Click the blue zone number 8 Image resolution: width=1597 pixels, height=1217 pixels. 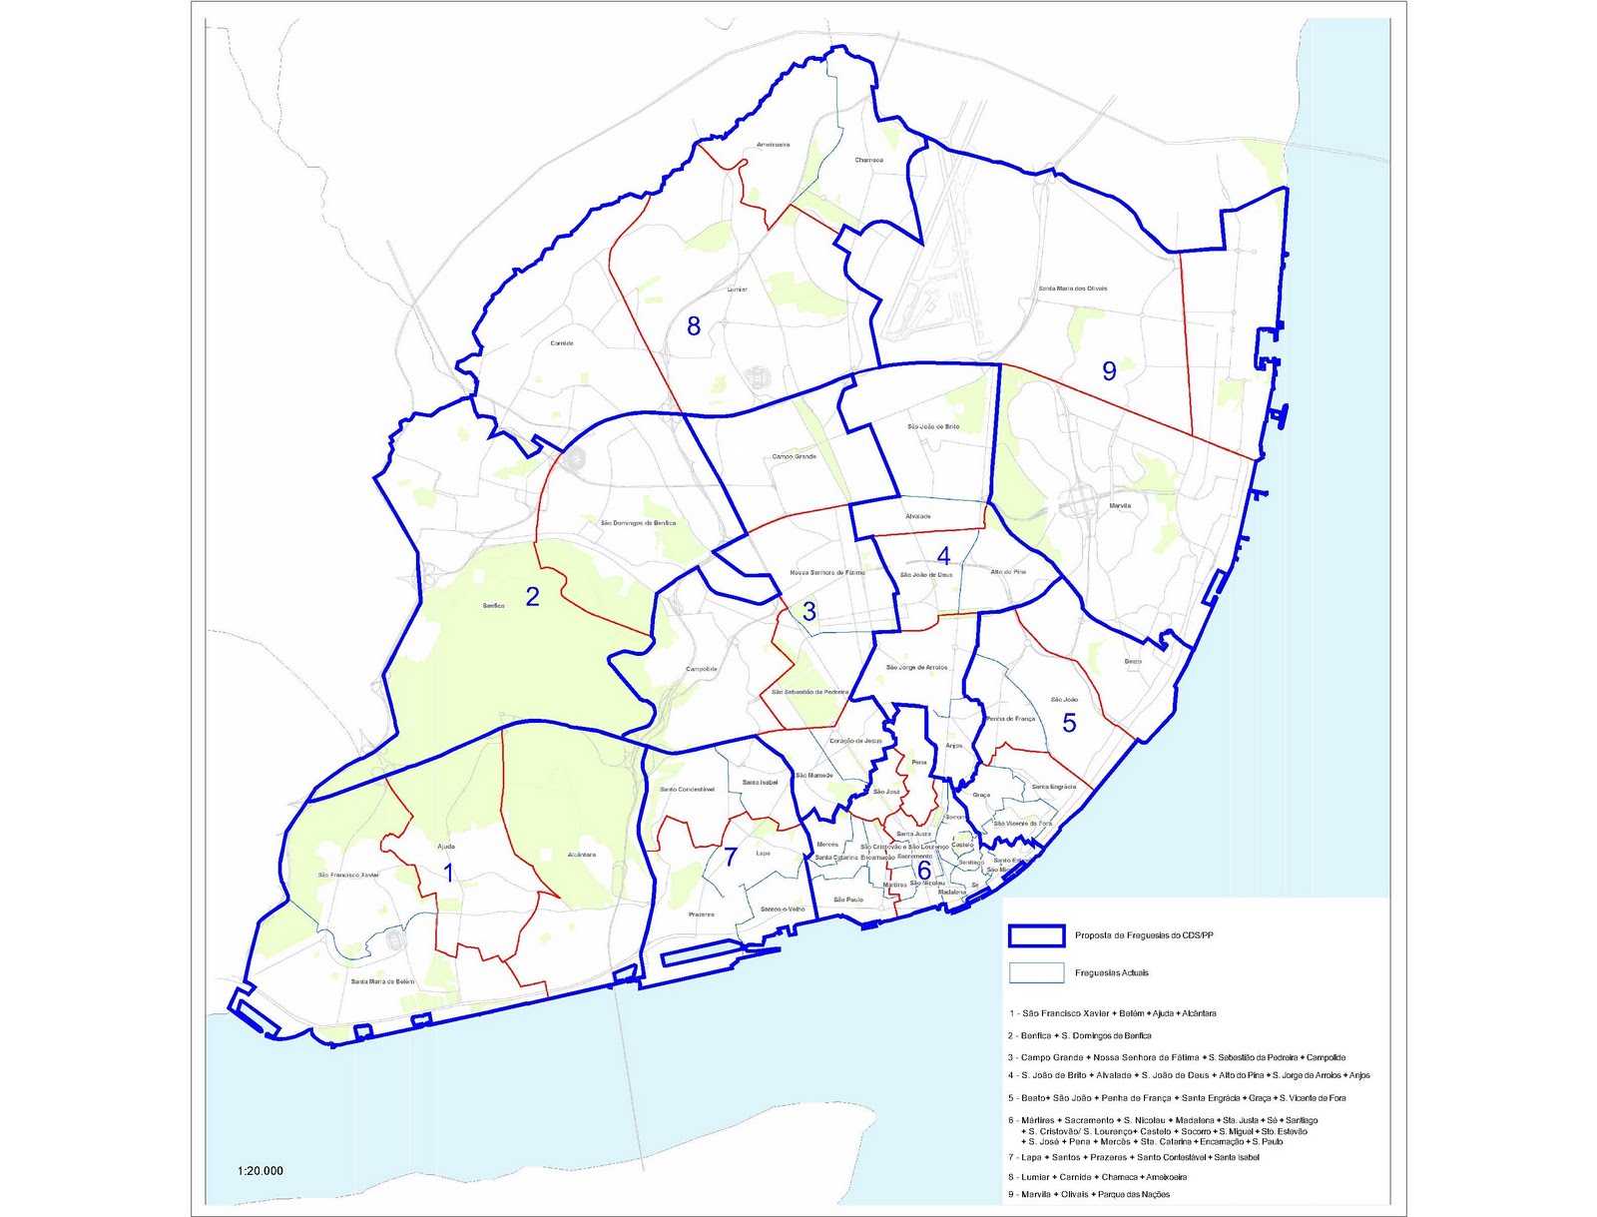(x=694, y=325)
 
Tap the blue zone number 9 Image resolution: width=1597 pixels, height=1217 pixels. (x=1109, y=370)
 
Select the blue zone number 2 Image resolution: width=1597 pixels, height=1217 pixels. (x=532, y=597)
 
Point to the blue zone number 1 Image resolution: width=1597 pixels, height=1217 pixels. (x=448, y=874)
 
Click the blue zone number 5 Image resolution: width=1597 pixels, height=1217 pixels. (x=1069, y=723)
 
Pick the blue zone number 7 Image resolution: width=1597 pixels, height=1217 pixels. (x=731, y=857)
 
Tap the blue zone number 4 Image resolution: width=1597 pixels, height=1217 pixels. (x=943, y=556)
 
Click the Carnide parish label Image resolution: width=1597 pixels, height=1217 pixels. (x=562, y=343)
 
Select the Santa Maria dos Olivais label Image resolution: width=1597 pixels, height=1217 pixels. (x=1073, y=289)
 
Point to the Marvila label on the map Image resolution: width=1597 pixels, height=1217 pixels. (x=1120, y=506)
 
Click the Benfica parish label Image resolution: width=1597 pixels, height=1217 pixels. (x=493, y=606)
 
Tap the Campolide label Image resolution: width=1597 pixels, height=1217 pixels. (x=701, y=669)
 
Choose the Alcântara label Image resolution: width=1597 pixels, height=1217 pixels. (x=581, y=855)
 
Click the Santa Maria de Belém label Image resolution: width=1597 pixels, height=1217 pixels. (x=382, y=981)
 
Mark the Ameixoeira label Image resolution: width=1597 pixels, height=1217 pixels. (x=773, y=145)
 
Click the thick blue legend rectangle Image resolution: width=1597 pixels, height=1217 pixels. (x=1035, y=935)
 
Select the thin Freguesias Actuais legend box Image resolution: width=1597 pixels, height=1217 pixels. (x=1035, y=972)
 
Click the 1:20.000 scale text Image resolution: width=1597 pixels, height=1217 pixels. (x=261, y=1171)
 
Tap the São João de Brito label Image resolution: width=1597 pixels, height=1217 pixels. (x=933, y=426)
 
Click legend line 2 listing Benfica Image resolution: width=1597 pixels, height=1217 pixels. (x=1079, y=1035)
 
